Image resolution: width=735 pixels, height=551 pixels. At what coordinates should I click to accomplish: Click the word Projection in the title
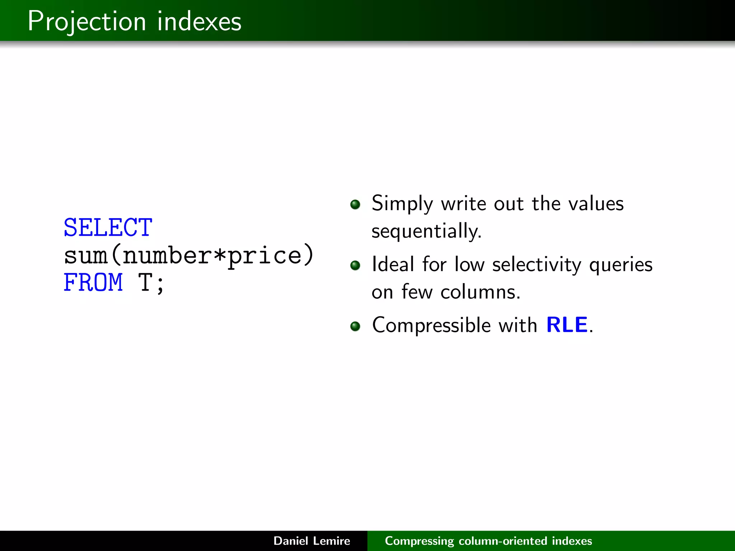click(x=86, y=22)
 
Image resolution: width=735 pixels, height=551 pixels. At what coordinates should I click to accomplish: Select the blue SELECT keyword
click(x=108, y=227)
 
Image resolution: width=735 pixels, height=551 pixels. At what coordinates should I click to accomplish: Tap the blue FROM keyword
click(x=93, y=282)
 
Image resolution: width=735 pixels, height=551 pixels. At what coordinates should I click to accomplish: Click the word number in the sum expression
click(x=167, y=255)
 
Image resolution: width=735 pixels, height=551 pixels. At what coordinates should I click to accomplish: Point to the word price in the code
click(x=264, y=256)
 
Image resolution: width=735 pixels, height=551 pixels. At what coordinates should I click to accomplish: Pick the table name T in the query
click(x=146, y=282)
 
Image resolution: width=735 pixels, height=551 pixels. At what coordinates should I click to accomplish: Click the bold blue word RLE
click(x=567, y=325)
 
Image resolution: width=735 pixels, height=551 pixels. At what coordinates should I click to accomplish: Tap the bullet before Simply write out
click(x=355, y=204)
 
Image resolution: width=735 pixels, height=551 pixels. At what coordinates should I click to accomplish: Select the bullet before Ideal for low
click(x=355, y=265)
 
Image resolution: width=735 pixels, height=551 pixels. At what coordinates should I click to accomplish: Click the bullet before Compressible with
click(x=355, y=326)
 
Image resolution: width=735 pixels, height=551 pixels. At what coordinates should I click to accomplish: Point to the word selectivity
click(x=537, y=265)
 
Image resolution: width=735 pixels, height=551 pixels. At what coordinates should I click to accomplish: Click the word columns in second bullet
click(x=480, y=292)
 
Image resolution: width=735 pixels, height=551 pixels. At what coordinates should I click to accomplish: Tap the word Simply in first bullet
click(x=402, y=204)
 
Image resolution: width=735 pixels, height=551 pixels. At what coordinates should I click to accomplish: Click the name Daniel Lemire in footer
click(x=312, y=541)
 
